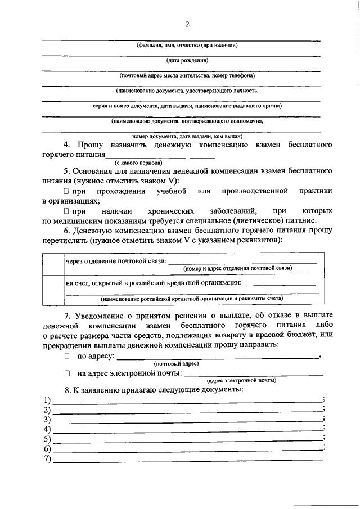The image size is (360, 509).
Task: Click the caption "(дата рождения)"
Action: point(187,60)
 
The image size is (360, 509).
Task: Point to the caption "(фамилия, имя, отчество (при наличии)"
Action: point(187,45)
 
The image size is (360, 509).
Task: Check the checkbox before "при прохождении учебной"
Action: point(66,192)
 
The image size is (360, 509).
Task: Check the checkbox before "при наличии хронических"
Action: point(66,211)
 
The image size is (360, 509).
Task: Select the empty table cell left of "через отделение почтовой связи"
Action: point(53,263)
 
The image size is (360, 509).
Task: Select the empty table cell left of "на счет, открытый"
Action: point(53,288)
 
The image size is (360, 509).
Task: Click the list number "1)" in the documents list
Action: point(47,400)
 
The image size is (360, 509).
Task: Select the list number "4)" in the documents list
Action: point(47,430)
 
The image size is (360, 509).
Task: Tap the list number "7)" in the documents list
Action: point(47,460)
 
